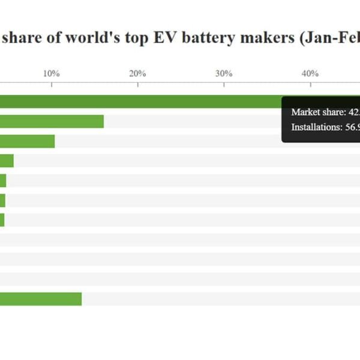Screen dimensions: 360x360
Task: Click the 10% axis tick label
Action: coord(52,73)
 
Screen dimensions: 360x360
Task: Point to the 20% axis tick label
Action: coord(137,73)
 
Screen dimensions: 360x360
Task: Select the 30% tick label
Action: coord(224,73)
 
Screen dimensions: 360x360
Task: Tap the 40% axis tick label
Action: coord(310,73)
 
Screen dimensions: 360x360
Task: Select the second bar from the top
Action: coord(52,122)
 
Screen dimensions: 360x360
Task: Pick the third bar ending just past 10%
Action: coord(27,141)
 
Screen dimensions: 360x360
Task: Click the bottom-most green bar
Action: coord(41,299)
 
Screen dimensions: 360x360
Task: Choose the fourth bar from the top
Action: coord(7,161)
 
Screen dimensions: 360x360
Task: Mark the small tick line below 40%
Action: coord(310,85)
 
